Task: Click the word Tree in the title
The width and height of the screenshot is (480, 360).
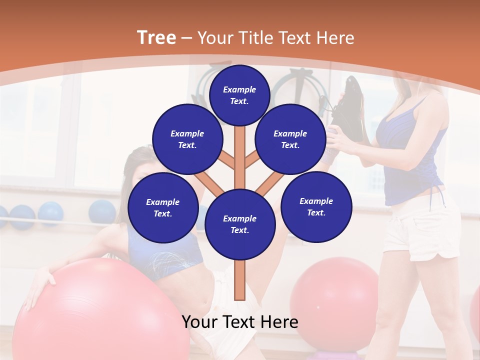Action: point(156,38)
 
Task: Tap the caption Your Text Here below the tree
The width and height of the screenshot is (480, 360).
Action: point(239,322)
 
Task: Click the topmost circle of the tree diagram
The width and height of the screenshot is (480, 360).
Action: point(239,95)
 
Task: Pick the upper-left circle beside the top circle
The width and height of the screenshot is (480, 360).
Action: point(187,139)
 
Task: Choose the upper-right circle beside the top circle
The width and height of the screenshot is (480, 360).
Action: point(290,139)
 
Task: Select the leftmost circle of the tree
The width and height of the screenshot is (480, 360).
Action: point(163,207)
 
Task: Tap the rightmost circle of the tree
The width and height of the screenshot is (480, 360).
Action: point(316,206)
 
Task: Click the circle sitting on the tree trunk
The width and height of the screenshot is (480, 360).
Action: point(239,224)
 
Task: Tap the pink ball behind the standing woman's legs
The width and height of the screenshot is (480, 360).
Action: point(334,295)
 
